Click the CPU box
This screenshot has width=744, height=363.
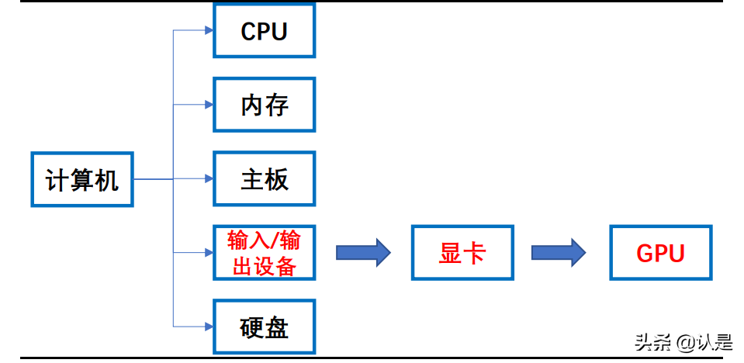point(265,31)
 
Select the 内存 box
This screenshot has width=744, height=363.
point(265,105)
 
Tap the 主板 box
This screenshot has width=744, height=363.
point(265,179)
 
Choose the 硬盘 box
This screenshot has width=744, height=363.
point(265,327)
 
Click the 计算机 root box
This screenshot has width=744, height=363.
point(82,179)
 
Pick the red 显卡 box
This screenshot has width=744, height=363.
point(462,253)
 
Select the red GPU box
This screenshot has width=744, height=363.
point(660,253)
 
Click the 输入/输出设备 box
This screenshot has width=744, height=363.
point(265,253)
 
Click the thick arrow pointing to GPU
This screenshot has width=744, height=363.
point(559,252)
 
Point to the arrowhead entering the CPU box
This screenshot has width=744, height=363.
point(208,31)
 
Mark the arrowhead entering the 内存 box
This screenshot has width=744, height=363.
point(208,105)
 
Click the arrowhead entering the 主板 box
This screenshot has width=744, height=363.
point(208,179)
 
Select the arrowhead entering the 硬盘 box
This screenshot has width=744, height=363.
point(208,327)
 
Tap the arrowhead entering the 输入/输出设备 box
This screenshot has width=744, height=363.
point(208,253)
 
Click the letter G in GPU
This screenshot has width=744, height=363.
point(645,254)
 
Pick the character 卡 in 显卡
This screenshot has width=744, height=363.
point(475,253)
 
